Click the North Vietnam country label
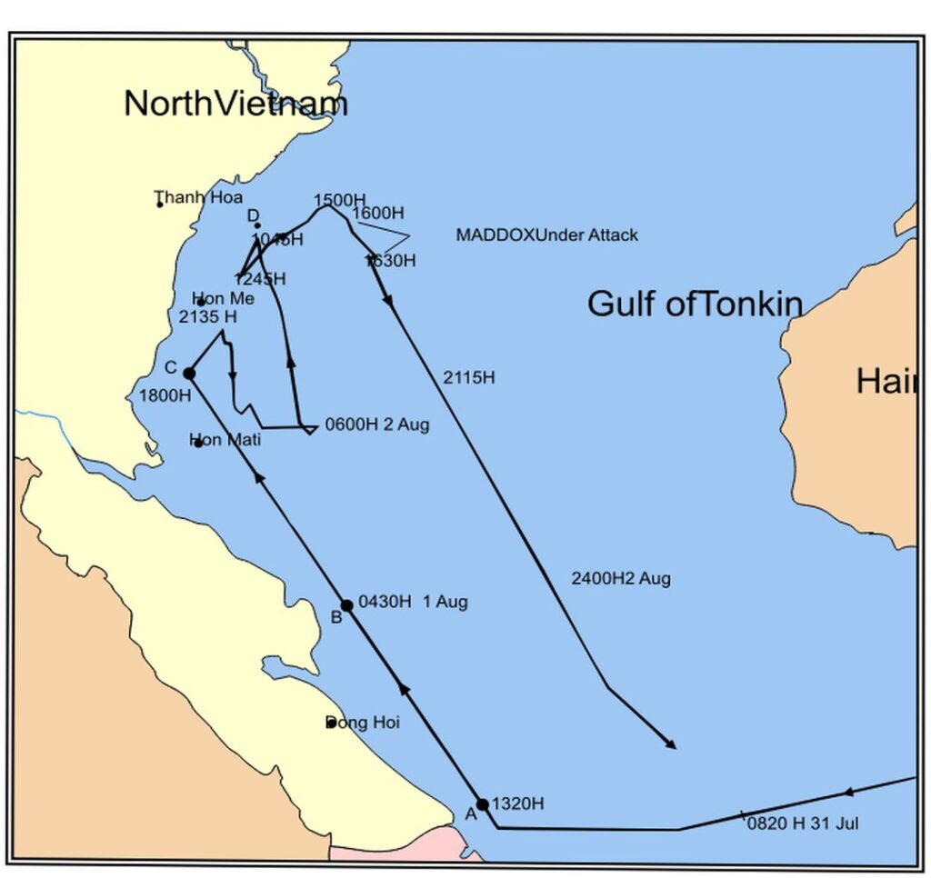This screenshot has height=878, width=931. pos(235,104)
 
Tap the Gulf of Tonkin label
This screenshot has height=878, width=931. pos(695,304)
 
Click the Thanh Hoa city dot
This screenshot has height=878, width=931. pos(160,204)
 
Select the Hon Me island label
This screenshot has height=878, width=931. pos(223,299)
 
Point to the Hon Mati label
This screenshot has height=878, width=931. pos(225,441)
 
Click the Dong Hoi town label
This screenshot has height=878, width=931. pos(363,723)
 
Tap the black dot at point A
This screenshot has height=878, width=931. pos(483,803)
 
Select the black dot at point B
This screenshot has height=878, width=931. pos(346,605)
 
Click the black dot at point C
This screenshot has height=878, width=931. pos(189,373)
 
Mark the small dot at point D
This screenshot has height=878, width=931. pos(257,225)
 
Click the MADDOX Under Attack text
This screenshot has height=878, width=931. pos(546,235)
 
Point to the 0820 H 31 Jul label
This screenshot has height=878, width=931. pos(803,824)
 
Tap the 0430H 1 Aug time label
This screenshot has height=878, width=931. pos(413,602)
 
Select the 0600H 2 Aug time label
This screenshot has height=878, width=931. pos(377,424)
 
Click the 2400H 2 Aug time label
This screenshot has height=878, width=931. pos(621,579)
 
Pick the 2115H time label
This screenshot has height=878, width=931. pos(468,377)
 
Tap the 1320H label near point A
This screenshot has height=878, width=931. pos(517,803)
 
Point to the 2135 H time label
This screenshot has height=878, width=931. pos(208,316)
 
